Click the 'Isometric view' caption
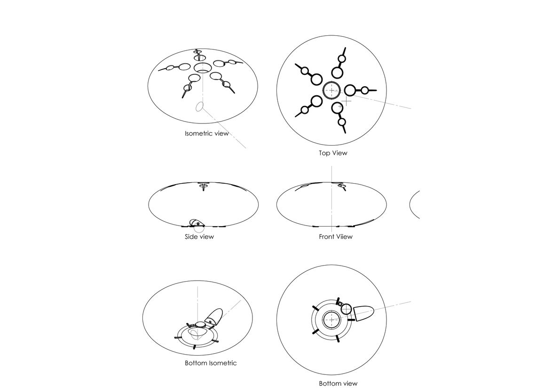207,133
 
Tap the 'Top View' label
333,153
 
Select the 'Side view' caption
199,236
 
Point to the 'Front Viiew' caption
336,236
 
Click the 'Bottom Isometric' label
211,363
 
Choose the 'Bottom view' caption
338,383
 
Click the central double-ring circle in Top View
332,90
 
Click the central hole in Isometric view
203,68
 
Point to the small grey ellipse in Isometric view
199,106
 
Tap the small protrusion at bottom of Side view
197,223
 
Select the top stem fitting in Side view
203,186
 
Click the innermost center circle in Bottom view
331,320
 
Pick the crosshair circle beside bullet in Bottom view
346,309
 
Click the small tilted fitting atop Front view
342,186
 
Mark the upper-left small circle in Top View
305,71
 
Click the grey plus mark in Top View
346,101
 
